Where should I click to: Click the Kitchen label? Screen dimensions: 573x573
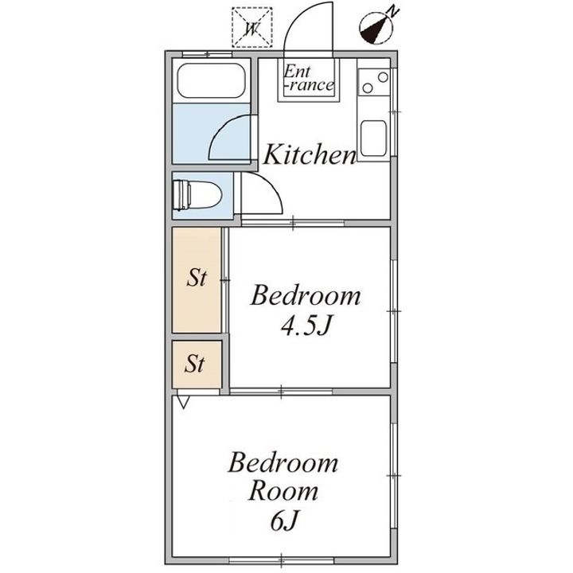tap(309, 154)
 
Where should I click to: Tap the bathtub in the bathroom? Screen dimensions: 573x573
tap(211, 80)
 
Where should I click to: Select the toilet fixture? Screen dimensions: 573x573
tap(197, 195)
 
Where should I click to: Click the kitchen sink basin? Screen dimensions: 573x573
tap(373, 138)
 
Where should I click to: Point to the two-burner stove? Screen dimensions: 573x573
tap(374, 83)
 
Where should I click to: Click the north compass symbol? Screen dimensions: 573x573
tap(376, 29)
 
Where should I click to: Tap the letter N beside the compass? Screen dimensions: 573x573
tap(393, 11)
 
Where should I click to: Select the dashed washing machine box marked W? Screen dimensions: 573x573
tap(252, 27)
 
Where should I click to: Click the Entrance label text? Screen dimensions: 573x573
tap(309, 78)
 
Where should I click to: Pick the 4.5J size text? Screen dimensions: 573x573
tap(306, 325)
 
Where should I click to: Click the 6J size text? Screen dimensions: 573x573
tap(285, 520)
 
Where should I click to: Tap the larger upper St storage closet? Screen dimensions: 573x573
tap(197, 280)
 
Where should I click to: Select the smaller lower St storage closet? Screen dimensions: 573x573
tap(197, 364)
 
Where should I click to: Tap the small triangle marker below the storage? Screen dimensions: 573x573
tap(183, 402)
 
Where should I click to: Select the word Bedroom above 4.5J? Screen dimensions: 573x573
tap(306, 295)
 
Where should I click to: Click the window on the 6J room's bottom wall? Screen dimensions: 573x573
tap(282, 560)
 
